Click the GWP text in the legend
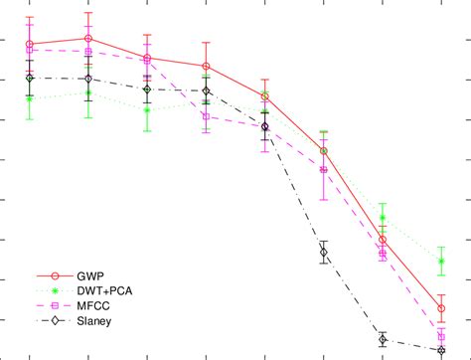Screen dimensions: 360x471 91,274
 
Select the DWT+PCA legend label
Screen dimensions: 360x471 106,289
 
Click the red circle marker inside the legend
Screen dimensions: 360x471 56,274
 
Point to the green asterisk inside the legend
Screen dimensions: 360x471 56,289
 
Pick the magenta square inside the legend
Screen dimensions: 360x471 56,304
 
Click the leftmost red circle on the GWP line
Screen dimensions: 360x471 30,45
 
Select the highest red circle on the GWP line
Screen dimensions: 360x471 88,39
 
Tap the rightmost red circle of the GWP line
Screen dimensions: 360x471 441,309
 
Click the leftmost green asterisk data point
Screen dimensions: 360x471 30,97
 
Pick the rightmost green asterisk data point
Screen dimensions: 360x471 441,262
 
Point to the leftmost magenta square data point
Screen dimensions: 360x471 30,50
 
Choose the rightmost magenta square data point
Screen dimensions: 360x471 441,337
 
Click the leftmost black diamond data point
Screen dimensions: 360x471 30,78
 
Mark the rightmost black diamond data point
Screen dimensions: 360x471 441,350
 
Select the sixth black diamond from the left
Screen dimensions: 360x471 324,253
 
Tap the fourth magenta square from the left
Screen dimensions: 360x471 206,116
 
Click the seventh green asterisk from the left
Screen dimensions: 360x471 383,218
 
